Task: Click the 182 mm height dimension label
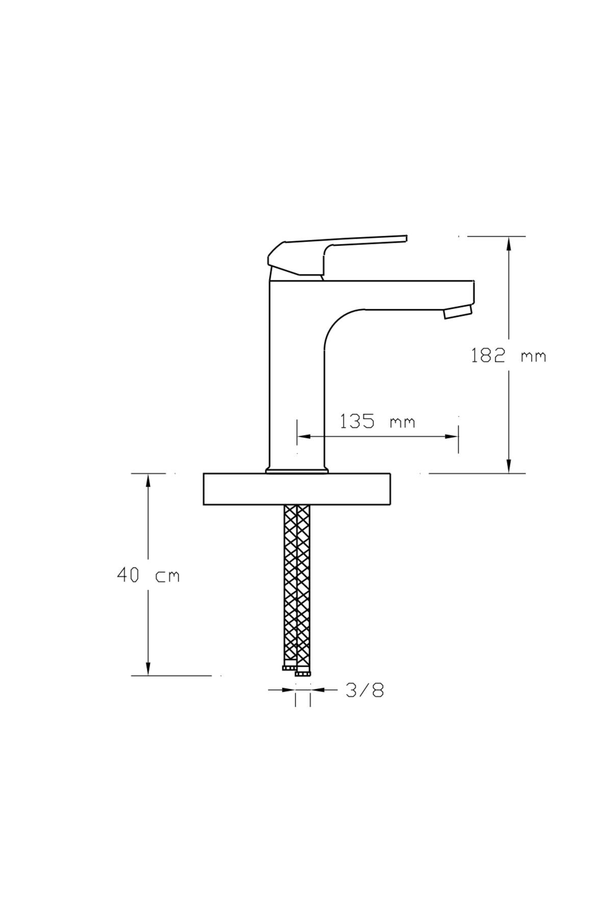click(x=508, y=355)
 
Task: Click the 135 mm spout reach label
click(x=377, y=421)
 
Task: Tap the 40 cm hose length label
click(x=148, y=575)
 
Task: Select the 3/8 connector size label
click(x=365, y=690)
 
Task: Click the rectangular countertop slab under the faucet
click(x=297, y=489)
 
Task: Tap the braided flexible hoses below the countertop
click(x=297, y=586)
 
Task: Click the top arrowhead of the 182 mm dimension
click(x=508, y=244)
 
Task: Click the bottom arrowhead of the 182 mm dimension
click(x=508, y=466)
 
